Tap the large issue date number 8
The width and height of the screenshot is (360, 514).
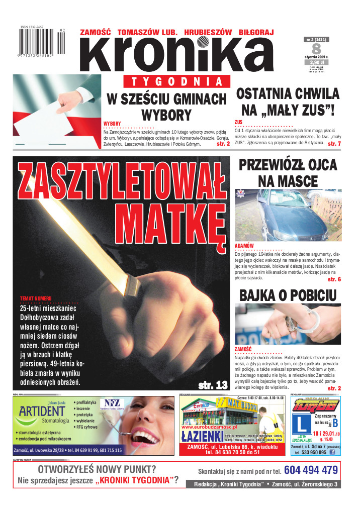[316, 49]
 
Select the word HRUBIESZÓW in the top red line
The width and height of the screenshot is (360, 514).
[208, 32]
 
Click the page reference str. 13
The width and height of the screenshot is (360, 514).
[213, 385]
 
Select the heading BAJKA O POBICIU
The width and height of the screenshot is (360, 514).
[288, 295]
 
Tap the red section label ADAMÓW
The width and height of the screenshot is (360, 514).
[244, 246]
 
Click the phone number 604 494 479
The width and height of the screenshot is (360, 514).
[311, 470]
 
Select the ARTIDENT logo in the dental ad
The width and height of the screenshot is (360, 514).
[42, 416]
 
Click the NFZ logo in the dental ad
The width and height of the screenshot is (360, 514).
[109, 403]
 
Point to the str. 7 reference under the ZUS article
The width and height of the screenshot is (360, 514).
[334, 144]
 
